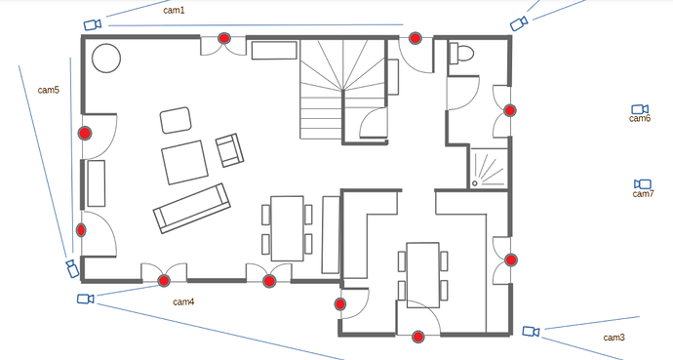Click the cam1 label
pyautogui.click(x=174, y=11)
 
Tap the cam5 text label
pyautogui.click(x=49, y=90)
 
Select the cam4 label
pyautogui.click(x=183, y=302)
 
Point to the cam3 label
pyautogui.click(x=614, y=338)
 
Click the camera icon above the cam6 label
pyautogui.click(x=640, y=109)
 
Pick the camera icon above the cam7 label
pyautogui.click(x=643, y=184)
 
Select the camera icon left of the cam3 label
pyautogui.click(x=531, y=332)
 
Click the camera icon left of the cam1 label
pyautogui.click(x=93, y=24)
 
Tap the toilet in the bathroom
pyautogui.click(x=461, y=54)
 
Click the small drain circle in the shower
pyautogui.click(x=475, y=183)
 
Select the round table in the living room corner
pyautogui.click(x=106, y=58)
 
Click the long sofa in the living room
pyautogui.click(x=192, y=209)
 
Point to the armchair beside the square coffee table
pyautogui.click(x=229, y=150)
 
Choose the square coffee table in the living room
pyautogui.click(x=185, y=162)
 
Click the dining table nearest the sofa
pyautogui.click(x=287, y=228)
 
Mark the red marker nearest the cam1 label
pyautogui.click(x=223, y=38)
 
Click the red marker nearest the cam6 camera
pyautogui.click(x=509, y=110)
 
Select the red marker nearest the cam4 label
pyautogui.click(x=164, y=281)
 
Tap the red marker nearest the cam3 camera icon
pyautogui.click(x=511, y=260)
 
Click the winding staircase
pyautogui.click(x=342, y=89)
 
